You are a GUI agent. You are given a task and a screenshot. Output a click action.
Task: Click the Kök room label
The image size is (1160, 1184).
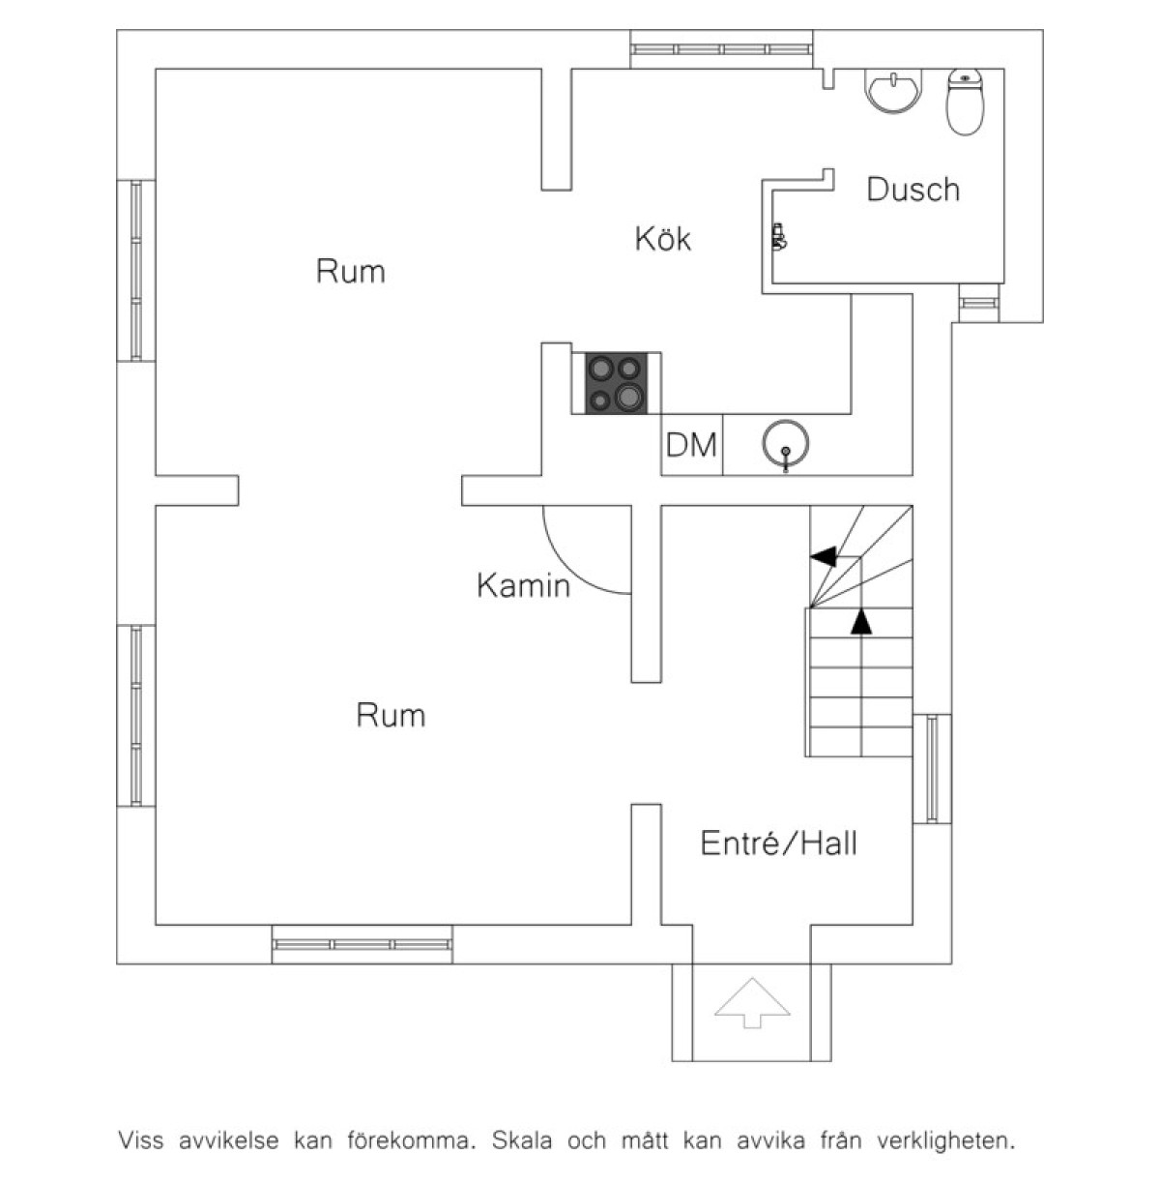(663, 238)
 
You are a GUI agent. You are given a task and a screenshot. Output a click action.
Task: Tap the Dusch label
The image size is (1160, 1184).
(913, 190)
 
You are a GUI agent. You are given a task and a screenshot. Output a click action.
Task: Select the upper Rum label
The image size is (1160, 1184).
(350, 272)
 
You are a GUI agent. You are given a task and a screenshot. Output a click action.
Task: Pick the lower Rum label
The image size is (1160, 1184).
(391, 716)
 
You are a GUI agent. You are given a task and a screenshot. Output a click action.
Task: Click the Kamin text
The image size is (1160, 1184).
(523, 585)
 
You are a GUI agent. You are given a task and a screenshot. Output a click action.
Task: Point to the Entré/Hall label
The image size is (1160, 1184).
(778, 844)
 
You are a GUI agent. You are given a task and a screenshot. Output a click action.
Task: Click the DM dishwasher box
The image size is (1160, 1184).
(692, 445)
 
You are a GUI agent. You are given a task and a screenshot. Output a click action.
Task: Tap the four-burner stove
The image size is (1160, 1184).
(616, 382)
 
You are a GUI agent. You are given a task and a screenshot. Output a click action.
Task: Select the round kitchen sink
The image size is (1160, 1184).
(786, 444)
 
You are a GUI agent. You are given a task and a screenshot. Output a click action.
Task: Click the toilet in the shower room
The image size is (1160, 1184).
(966, 102)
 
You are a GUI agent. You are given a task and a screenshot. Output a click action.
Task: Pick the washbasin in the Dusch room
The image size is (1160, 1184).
(895, 91)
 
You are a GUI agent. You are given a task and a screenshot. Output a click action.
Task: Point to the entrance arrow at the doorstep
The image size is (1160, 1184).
(752, 1002)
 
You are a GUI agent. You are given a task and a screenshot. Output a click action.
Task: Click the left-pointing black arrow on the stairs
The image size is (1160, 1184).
(824, 556)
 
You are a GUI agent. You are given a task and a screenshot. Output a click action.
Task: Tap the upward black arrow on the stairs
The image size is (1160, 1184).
(860, 621)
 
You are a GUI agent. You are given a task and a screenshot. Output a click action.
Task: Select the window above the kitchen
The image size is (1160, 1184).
(721, 48)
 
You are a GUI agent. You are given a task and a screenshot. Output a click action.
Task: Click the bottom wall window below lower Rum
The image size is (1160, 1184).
(362, 943)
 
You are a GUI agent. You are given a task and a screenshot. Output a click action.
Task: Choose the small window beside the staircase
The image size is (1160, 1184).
(932, 768)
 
